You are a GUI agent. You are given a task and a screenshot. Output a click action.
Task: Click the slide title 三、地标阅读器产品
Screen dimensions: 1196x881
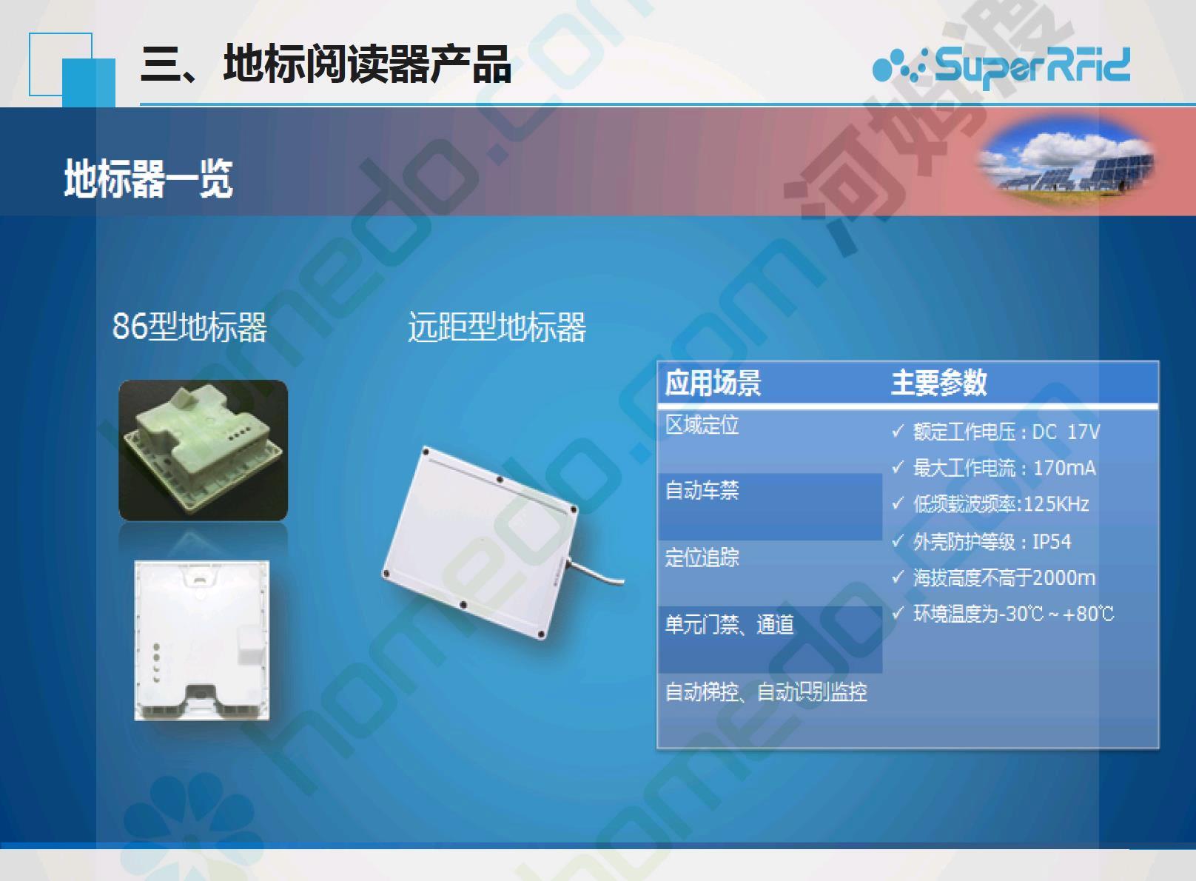tap(326, 64)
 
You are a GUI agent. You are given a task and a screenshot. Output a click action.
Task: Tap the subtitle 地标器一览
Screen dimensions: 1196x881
tap(149, 178)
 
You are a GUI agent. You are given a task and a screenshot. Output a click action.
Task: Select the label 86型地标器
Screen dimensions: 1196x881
tap(189, 326)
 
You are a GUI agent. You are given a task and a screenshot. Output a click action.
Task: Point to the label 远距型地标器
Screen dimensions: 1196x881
tap(497, 326)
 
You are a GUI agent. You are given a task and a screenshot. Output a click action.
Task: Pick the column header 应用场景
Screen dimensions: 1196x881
tap(713, 382)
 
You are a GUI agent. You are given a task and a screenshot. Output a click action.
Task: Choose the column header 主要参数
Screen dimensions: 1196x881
tap(938, 382)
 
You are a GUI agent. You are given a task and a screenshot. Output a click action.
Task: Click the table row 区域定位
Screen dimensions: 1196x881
tap(702, 425)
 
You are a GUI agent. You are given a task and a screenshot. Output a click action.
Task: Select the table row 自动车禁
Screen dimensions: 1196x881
tap(702, 490)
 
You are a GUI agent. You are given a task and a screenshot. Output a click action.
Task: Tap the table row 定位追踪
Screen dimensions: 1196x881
tap(702, 557)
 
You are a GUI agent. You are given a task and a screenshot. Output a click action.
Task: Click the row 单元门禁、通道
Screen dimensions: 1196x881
tap(729, 624)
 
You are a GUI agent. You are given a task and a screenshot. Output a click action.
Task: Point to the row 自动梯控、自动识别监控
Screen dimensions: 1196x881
tap(766, 692)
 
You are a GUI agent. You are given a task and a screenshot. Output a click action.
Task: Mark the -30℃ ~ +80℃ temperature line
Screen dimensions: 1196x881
tap(1004, 614)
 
